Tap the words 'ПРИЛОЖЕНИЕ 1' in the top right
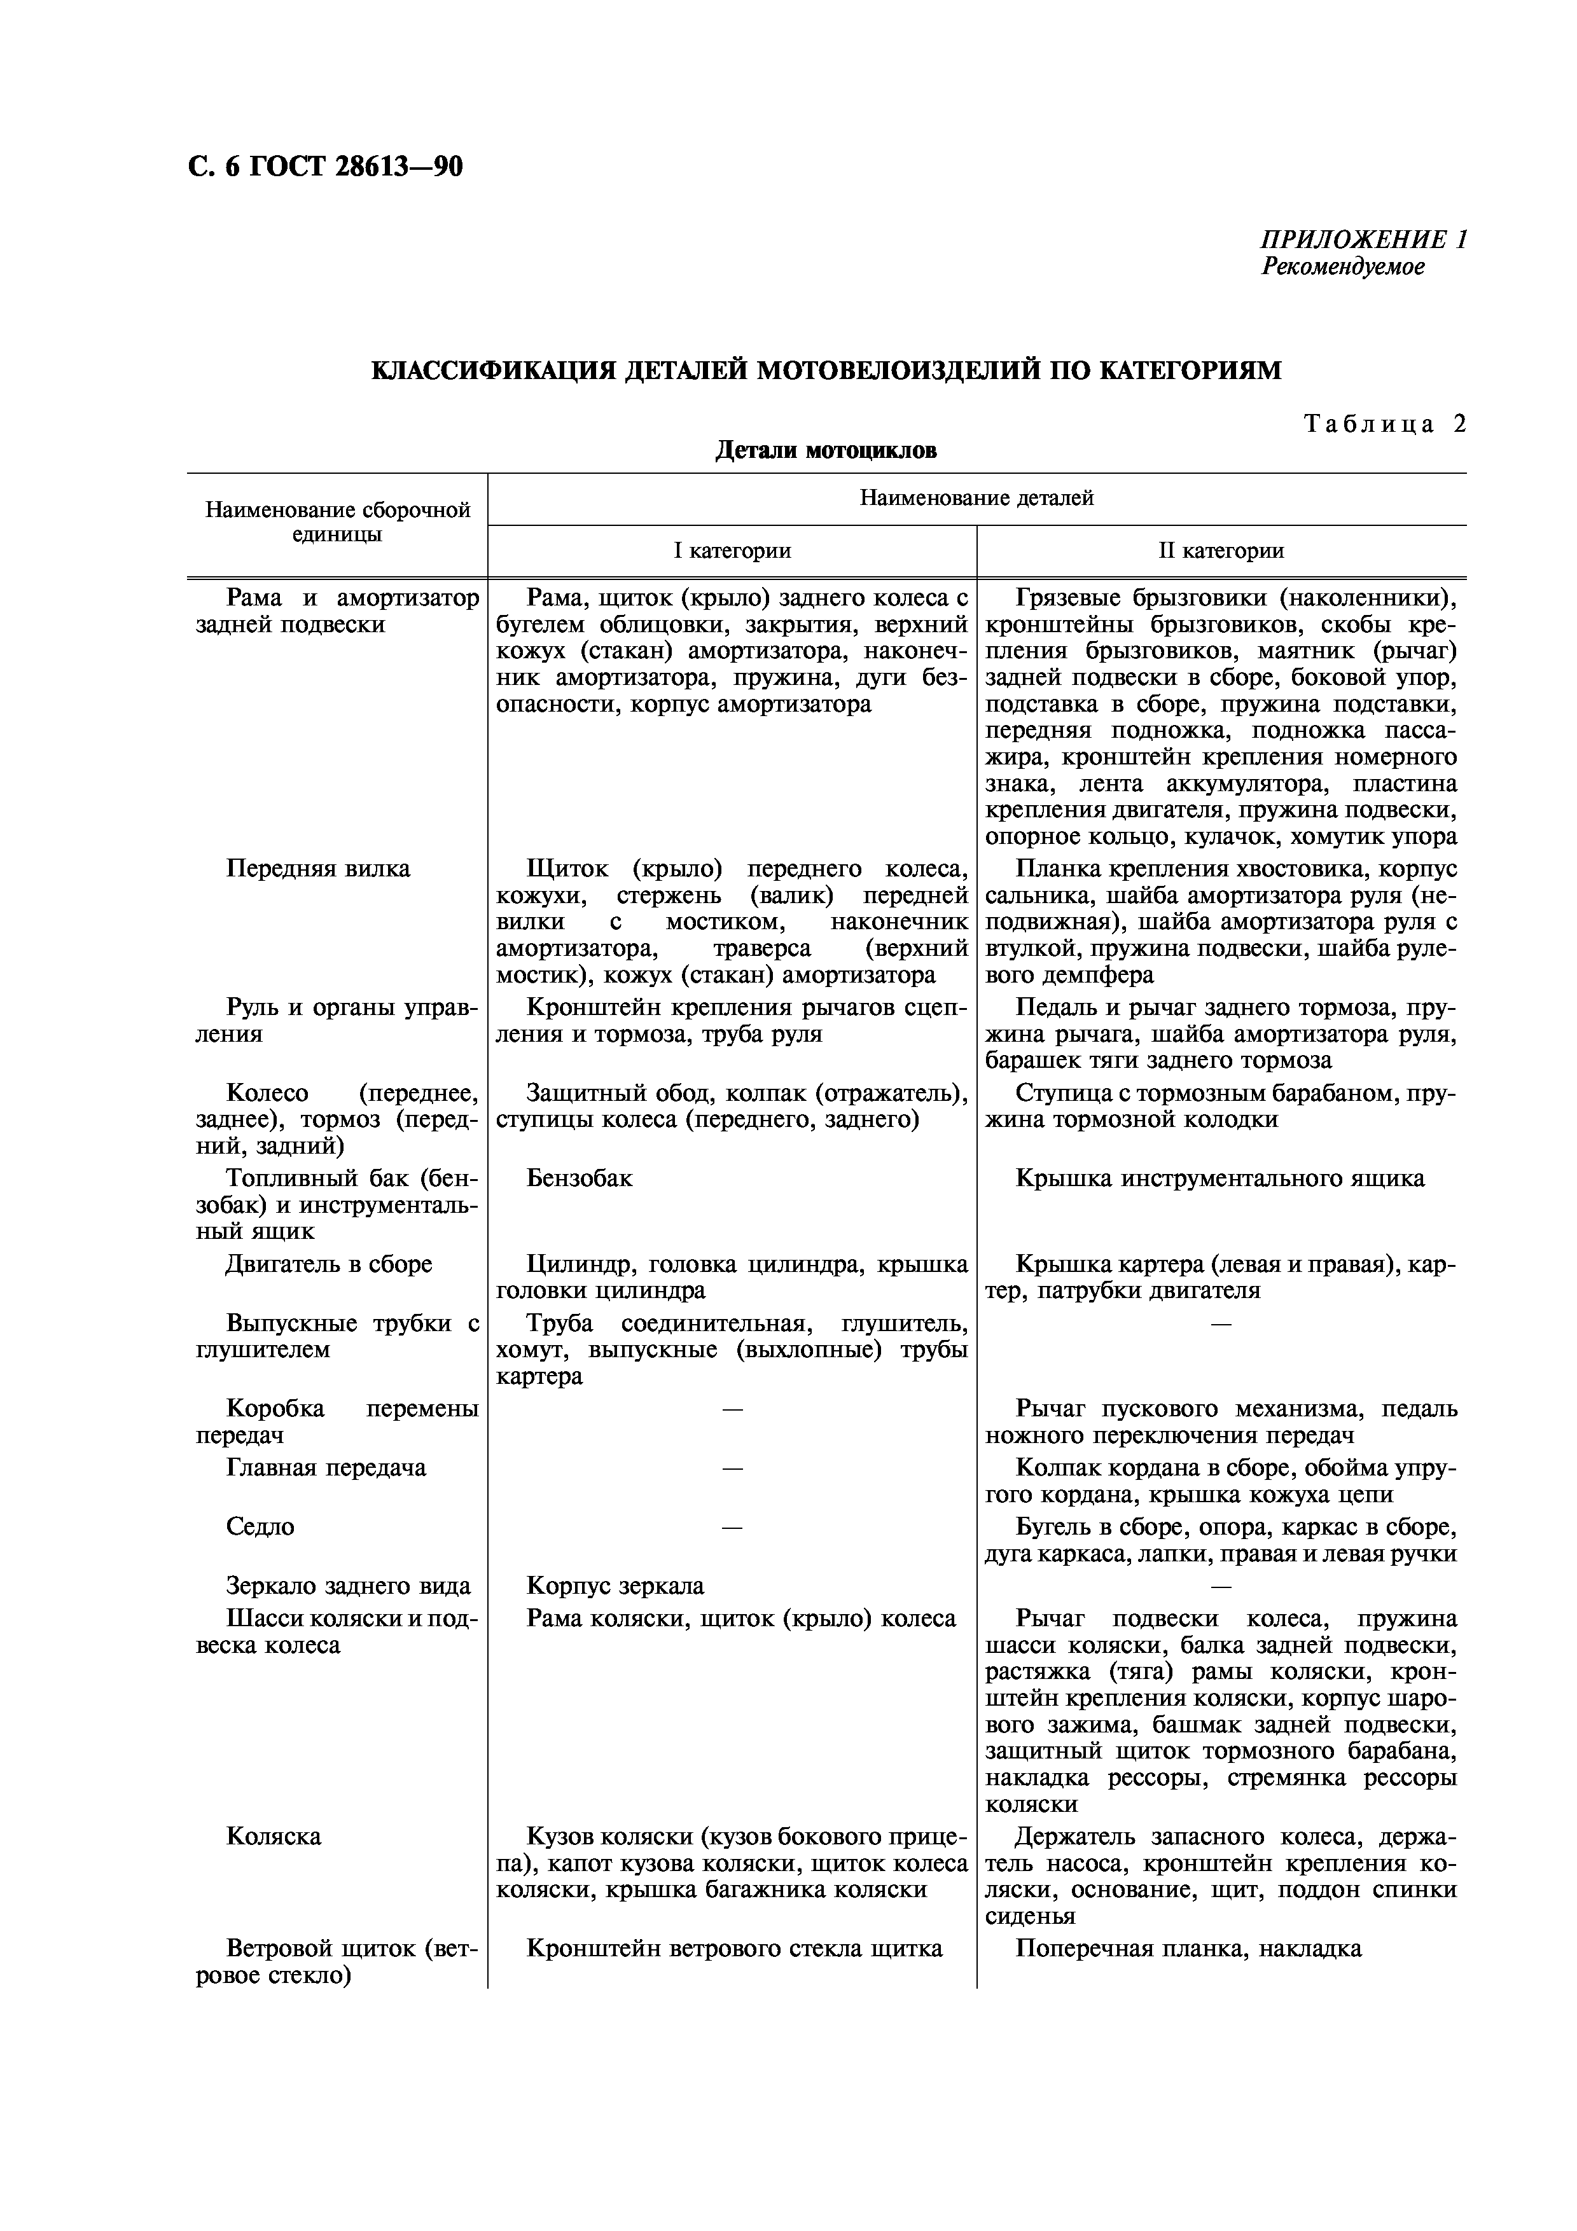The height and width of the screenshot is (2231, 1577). tap(1363, 240)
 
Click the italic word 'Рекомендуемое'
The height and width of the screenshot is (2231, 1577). tap(1343, 266)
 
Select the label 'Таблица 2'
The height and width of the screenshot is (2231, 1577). tap(1384, 424)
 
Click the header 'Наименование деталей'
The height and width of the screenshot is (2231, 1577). tap(976, 499)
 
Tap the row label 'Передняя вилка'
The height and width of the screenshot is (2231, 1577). tap(317, 869)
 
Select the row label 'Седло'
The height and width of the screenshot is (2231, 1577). tap(260, 1526)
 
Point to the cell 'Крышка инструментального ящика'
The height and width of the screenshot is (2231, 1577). tap(1219, 1178)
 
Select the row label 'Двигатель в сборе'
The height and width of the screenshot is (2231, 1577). tap(328, 1264)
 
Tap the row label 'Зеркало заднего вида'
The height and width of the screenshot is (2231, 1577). tap(348, 1585)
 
